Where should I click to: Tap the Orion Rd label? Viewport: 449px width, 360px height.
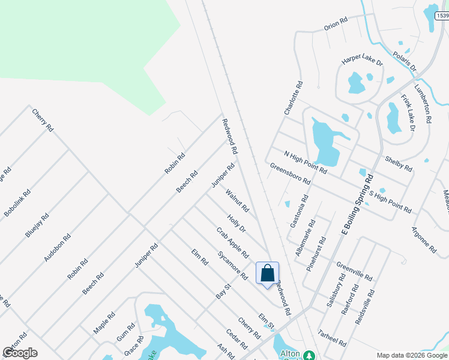pos(336,24)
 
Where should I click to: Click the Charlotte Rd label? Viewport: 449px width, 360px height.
pos(294,98)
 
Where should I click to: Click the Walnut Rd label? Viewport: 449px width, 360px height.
pos(237,201)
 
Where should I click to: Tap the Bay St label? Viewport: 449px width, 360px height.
pos(223,292)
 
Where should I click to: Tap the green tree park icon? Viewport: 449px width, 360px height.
pos(309,355)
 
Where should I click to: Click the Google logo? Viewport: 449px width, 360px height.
pos(20,352)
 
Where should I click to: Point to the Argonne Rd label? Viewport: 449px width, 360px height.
pos(424,239)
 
